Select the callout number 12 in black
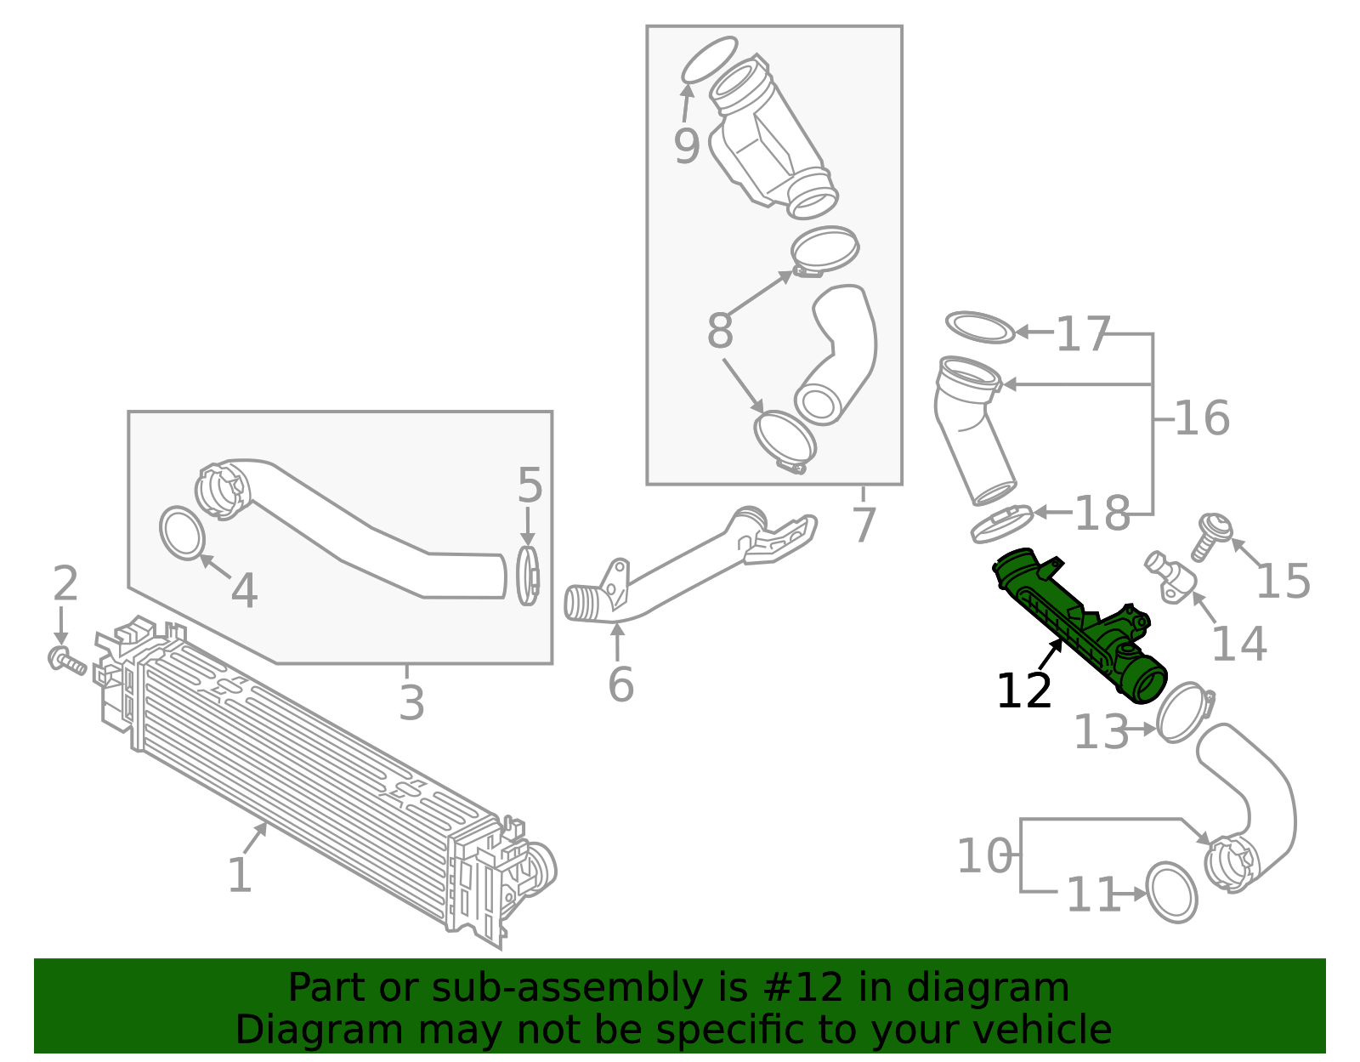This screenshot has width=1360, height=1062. [1023, 690]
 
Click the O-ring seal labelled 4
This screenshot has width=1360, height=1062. [182, 532]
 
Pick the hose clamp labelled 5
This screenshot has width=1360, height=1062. [528, 576]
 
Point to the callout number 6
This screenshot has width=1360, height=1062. [620, 685]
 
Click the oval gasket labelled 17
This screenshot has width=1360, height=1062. [980, 327]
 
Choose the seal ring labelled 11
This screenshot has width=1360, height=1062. [1171, 892]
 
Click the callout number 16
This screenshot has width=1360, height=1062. [1201, 418]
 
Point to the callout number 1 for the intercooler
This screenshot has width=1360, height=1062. [240, 875]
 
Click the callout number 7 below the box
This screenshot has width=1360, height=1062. [864, 525]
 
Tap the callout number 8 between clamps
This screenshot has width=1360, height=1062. [719, 332]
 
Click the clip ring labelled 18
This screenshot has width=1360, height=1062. [1001, 524]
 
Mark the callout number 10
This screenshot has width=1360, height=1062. [984, 856]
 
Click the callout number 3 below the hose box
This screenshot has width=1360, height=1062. [411, 704]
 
